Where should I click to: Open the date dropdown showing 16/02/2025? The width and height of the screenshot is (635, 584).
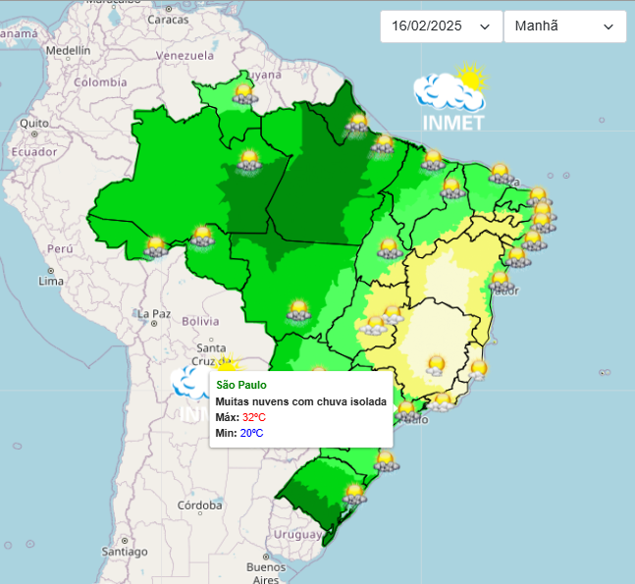440,27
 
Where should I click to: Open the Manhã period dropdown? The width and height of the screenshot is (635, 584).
564,27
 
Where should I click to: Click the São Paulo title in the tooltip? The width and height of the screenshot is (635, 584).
242,384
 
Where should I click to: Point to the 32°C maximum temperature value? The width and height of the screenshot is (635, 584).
254,417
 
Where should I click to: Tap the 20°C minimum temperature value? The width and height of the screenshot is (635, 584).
251,433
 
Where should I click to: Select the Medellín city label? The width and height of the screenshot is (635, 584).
68,49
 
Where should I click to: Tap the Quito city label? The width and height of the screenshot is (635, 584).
33,123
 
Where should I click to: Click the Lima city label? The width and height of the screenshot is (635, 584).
50,281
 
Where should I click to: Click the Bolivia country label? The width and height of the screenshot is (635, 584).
199,321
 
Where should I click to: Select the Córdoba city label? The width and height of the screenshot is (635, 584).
200,506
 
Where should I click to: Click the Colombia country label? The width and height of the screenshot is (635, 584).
100,82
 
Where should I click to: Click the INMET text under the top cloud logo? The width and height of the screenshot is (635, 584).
452,123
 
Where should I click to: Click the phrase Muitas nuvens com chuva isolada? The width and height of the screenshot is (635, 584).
300,400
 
